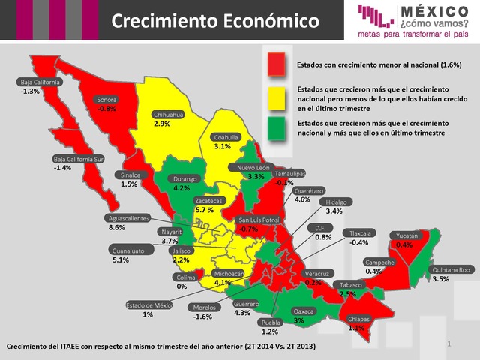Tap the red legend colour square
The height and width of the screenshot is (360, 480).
(x=278, y=64)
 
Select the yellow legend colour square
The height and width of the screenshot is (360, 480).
(x=278, y=97)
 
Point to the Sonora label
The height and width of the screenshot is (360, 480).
(x=107, y=99)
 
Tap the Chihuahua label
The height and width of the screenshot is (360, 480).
(x=169, y=114)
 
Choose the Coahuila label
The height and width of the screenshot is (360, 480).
(x=226, y=137)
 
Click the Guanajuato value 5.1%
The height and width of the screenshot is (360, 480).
(x=120, y=259)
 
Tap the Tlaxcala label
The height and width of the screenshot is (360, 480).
(x=355, y=233)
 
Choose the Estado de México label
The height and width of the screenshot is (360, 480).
(x=149, y=304)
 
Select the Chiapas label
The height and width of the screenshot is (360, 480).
(x=361, y=318)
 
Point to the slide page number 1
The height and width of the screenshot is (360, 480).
(x=448, y=343)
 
